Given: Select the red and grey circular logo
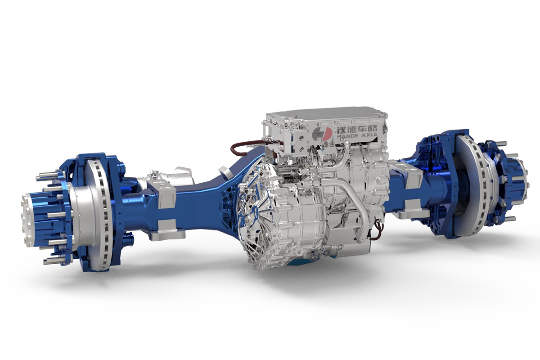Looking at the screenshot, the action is click(x=322, y=132).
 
